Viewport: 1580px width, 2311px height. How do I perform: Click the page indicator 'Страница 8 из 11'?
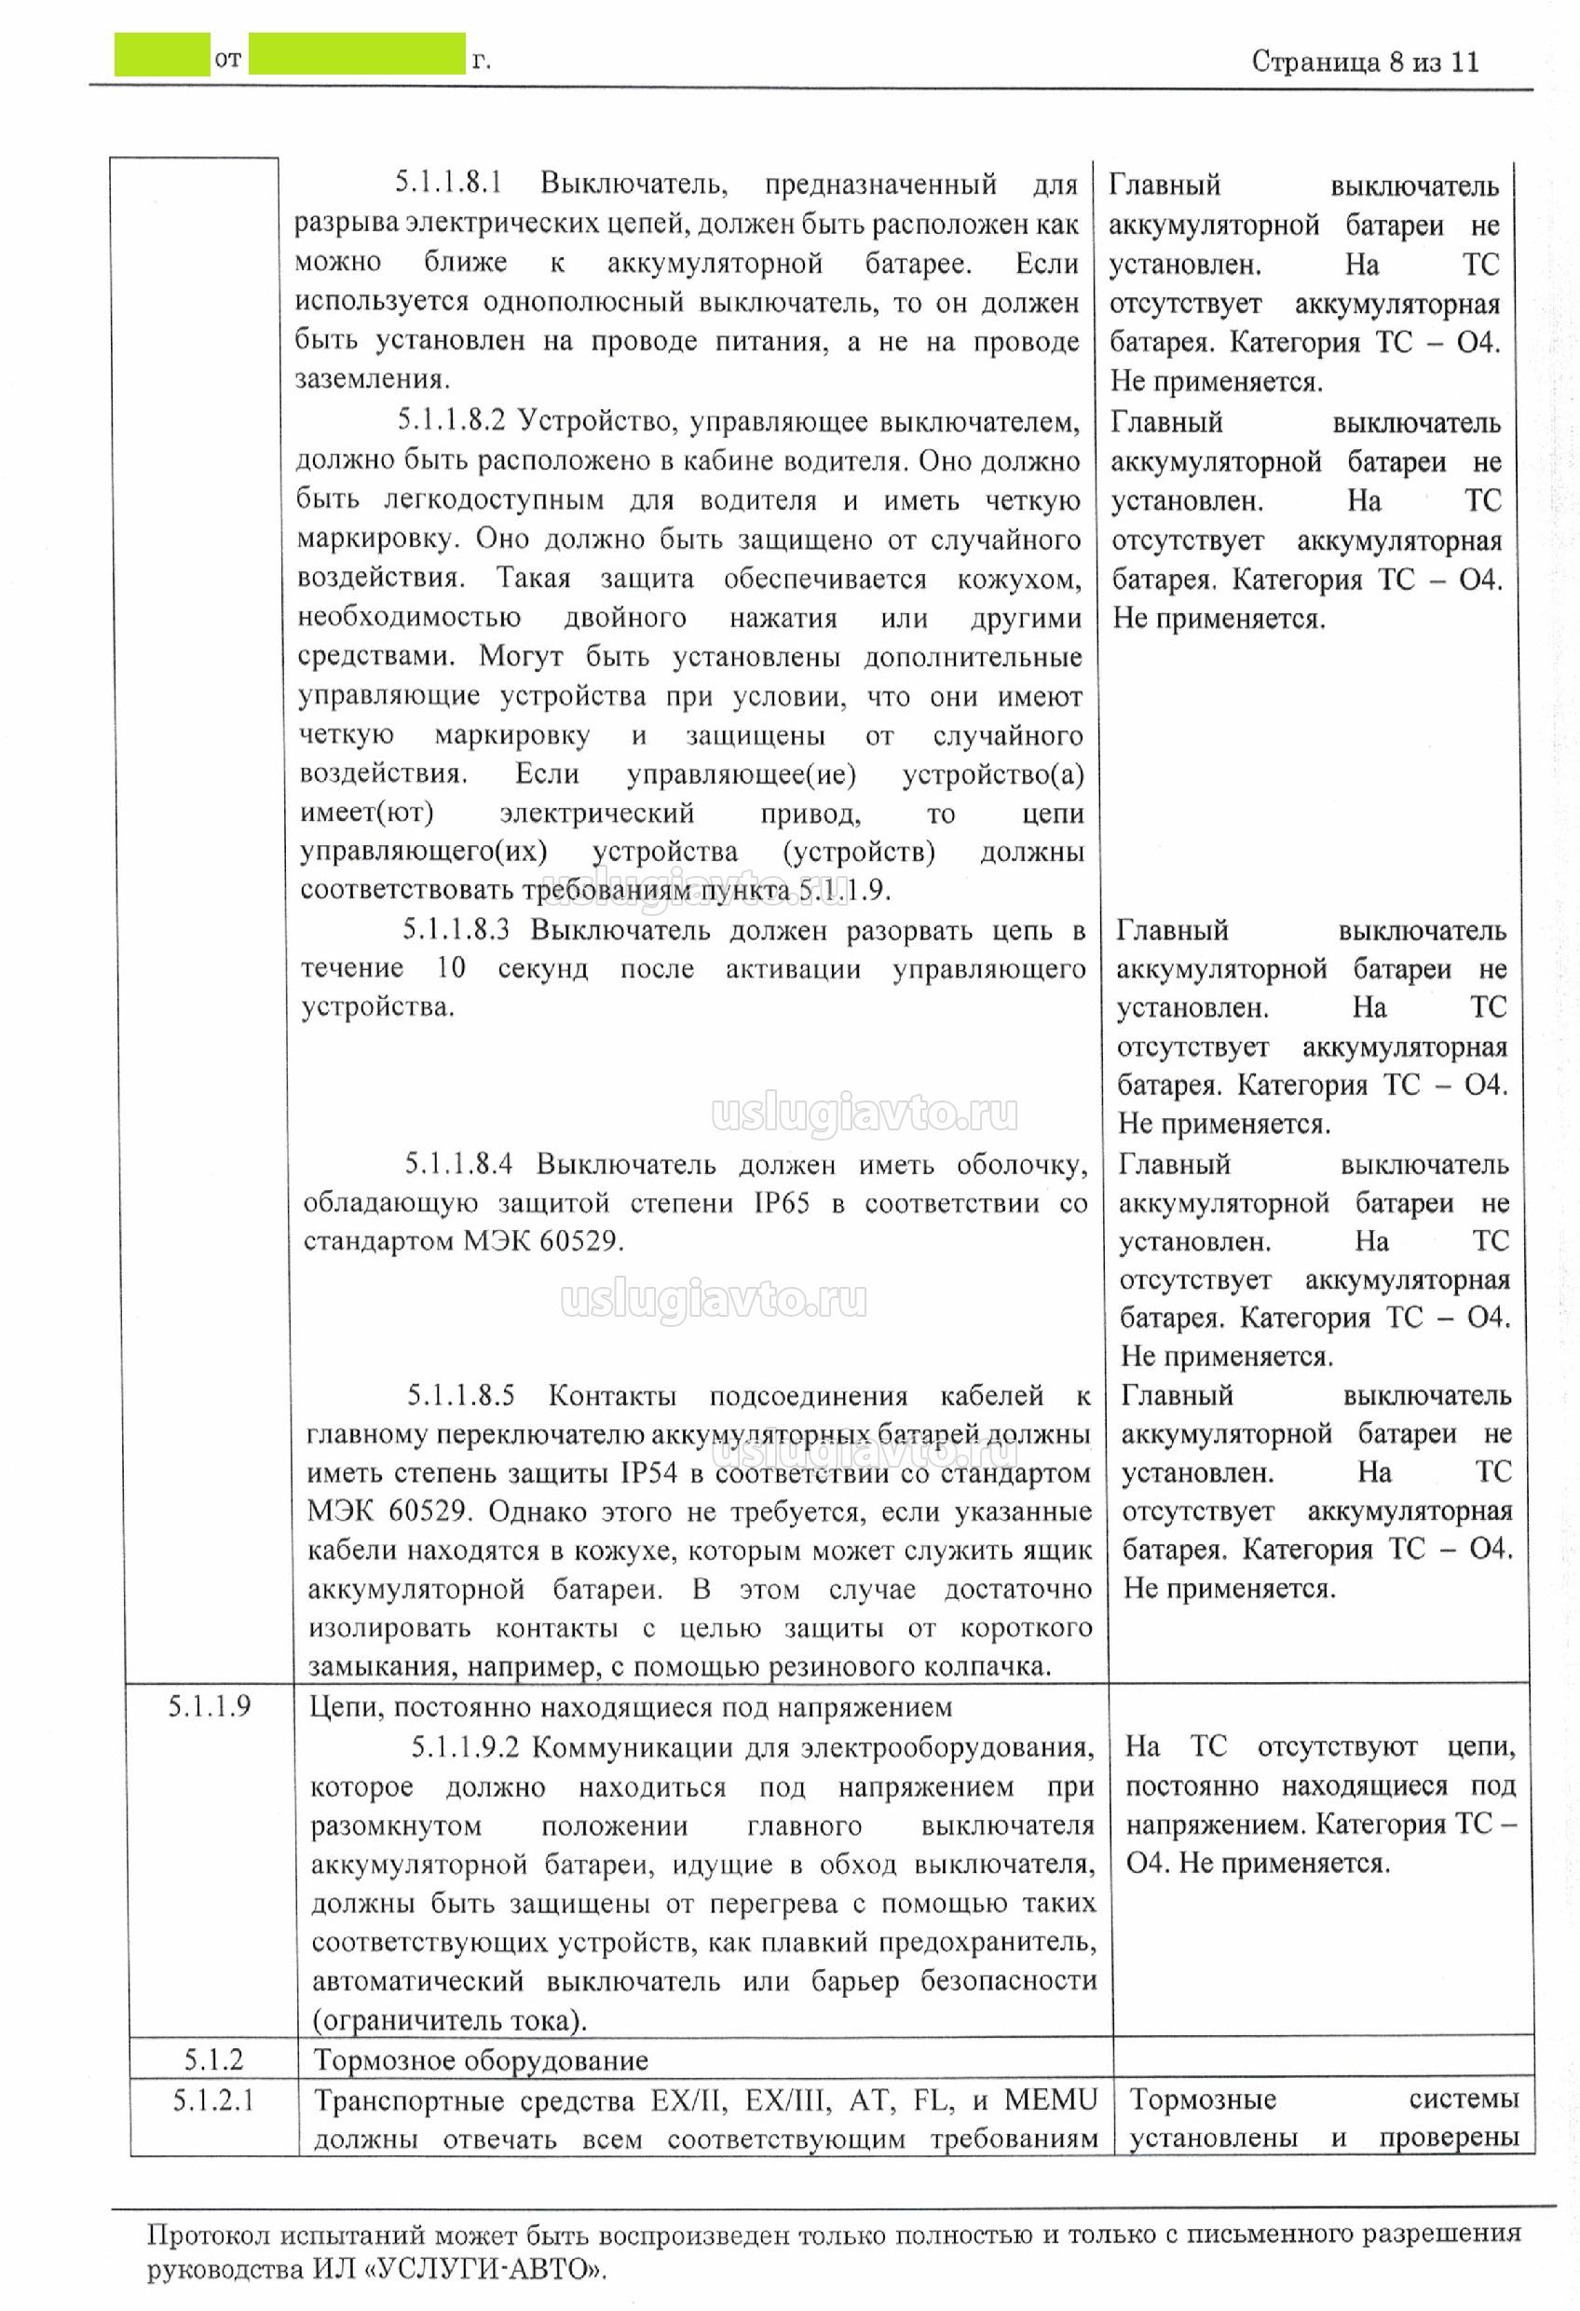(1364, 62)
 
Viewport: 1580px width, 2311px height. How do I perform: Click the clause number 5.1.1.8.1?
(448, 183)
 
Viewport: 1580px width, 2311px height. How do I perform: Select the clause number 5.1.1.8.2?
(452, 420)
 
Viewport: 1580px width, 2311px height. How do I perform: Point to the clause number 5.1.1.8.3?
(456, 930)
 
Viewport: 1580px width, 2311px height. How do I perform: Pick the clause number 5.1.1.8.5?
(460, 1395)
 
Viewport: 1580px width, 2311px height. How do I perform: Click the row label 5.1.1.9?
(209, 1706)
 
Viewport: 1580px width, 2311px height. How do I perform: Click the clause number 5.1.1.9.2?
(466, 1747)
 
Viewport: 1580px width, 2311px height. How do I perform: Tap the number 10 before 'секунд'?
(451, 967)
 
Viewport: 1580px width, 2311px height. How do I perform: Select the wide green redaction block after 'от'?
(357, 55)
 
